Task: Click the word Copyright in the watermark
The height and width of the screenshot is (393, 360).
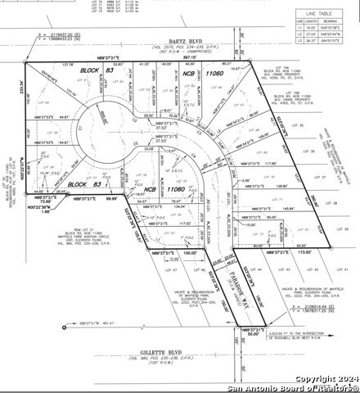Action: coord(296,378)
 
